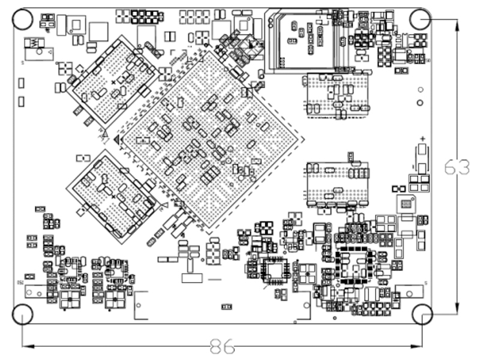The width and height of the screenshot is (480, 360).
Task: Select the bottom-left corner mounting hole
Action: click(x=23, y=314)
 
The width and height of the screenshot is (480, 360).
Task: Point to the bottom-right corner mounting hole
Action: click(x=422, y=314)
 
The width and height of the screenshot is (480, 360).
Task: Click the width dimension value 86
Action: click(x=222, y=346)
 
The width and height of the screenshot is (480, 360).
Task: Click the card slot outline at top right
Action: click(x=303, y=39)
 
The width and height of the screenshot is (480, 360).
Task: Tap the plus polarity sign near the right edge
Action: click(x=423, y=137)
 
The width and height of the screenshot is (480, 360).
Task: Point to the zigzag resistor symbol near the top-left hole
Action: click(x=34, y=43)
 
